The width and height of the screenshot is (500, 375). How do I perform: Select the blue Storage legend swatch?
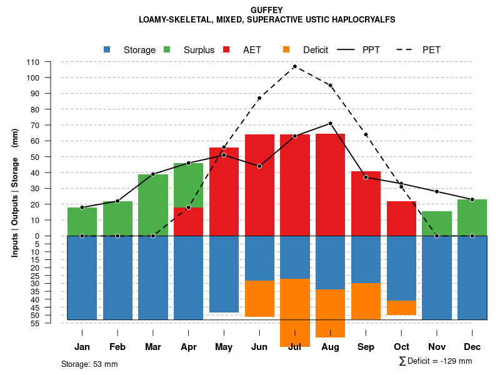click(x=107, y=49)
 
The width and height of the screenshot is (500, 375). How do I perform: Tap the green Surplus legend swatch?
click(x=167, y=49)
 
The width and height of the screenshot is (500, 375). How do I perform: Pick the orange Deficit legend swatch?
click(x=287, y=49)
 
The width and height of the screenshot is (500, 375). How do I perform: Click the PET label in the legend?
click(x=431, y=50)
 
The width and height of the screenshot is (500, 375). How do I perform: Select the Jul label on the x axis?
click(x=294, y=347)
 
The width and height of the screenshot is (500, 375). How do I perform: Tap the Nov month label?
click(x=437, y=347)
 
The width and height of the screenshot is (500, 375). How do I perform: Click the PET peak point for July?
click(x=294, y=66)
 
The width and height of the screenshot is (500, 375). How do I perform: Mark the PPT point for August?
click(x=330, y=123)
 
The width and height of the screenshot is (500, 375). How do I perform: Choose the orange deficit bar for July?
click(x=294, y=312)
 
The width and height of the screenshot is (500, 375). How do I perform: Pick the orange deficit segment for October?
click(x=401, y=307)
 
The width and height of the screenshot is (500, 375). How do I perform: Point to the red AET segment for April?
click(x=188, y=221)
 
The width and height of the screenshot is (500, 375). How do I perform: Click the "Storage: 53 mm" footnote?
click(x=89, y=364)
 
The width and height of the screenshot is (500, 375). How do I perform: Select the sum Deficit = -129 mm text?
click(x=436, y=361)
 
